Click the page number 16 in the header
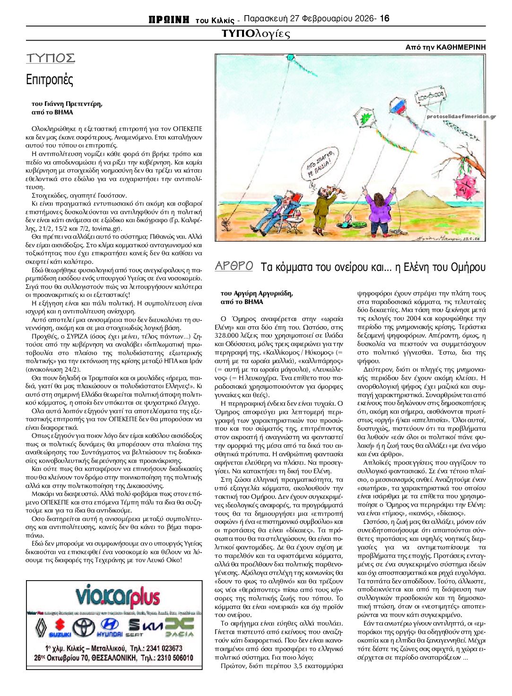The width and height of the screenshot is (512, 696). click(x=384, y=18)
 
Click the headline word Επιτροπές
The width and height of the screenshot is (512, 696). click(x=50, y=79)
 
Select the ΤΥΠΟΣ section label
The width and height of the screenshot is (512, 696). click(x=51, y=58)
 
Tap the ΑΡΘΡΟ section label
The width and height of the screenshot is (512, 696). click(x=234, y=266)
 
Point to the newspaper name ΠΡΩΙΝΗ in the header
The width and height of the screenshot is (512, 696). click(x=169, y=19)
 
